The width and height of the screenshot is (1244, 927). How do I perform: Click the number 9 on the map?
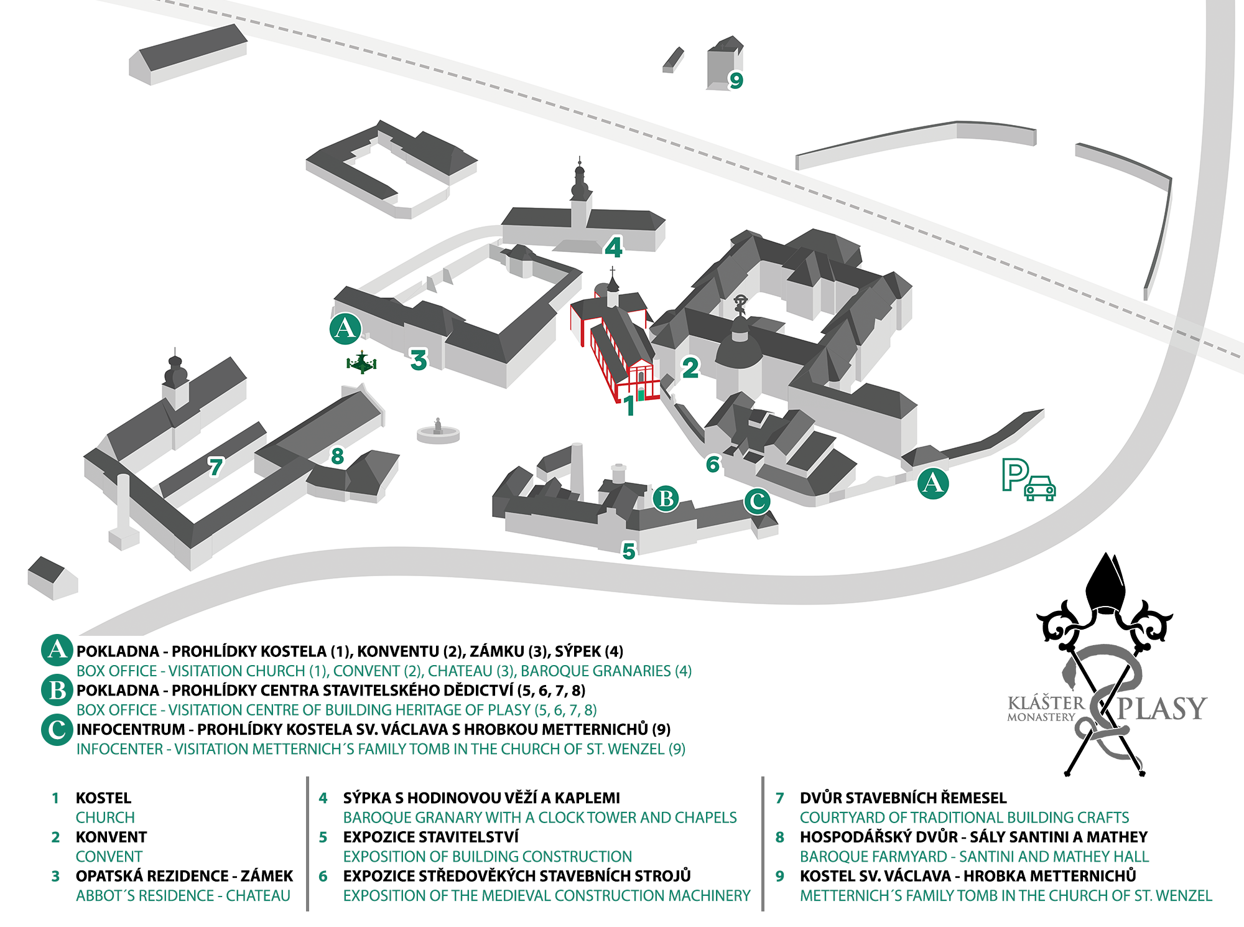[x=736, y=80]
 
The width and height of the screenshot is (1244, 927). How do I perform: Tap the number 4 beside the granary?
[x=613, y=248]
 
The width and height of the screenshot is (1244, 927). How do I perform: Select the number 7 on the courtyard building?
[x=215, y=467]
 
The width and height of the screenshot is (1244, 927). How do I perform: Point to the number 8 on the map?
[x=337, y=457]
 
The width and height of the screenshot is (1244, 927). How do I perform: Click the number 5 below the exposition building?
[x=629, y=551]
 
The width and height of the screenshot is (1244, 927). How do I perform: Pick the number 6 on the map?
[x=713, y=464]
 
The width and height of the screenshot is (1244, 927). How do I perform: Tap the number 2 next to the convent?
[x=690, y=368]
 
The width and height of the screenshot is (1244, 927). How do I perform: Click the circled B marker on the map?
[x=666, y=498]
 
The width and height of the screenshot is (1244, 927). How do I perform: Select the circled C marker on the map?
[x=757, y=501]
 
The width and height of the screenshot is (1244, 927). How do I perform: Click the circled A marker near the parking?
[x=933, y=483]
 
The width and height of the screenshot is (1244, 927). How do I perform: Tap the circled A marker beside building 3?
[x=345, y=328]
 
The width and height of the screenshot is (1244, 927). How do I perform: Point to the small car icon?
[x=1040, y=488]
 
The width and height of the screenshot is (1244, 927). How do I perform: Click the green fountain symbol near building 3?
[x=361, y=363]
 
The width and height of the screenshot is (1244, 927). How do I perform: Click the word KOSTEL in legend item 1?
[x=103, y=798]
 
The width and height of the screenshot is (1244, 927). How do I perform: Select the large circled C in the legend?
[x=57, y=730]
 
